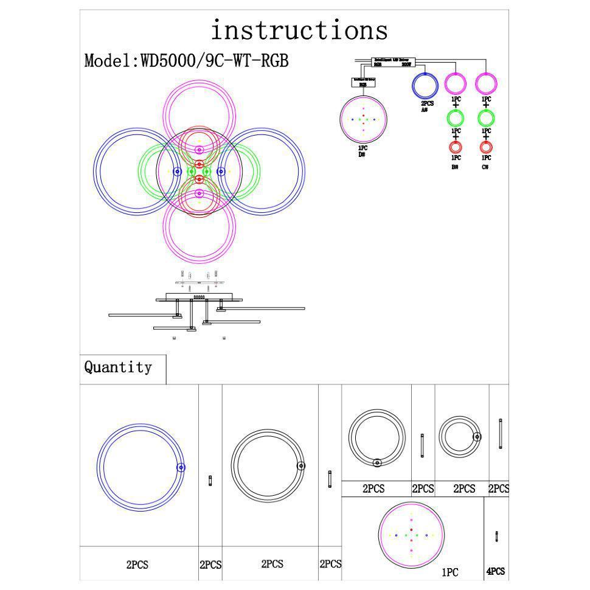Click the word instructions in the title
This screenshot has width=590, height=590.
[x=299, y=30]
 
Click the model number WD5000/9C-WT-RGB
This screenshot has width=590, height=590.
[x=214, y=61]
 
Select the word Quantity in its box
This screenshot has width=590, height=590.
[x=118, y=367]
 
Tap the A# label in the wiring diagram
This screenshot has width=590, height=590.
[x=424, y=110]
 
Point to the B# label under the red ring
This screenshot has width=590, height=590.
[x=454, y=167]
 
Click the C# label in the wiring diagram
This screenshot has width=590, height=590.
[x=485, y=167]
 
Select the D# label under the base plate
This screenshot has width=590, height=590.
[x=362, y=154]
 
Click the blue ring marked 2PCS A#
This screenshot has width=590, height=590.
[x=425, y=85]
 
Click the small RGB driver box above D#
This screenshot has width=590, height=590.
[x=363, y=82]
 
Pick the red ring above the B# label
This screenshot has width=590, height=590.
[x=455, y=147]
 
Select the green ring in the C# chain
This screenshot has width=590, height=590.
[x=485, y=117]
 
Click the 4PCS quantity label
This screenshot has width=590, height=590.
[x=495, y=572]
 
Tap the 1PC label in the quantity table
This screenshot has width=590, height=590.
[x=450, y=572]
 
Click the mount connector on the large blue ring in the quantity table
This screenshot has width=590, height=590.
[x=181, y=467]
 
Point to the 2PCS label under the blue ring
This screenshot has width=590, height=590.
[x=137, y=564]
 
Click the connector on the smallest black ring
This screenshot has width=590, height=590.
[x=477, y=436]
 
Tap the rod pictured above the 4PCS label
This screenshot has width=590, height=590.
[x=497, y=536]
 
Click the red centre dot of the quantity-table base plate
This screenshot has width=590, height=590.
[x=412, y=530]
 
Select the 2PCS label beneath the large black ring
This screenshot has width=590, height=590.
[x=272, y=564]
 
